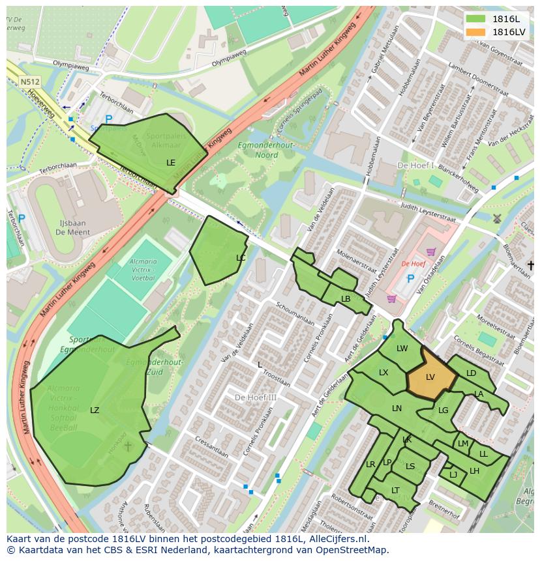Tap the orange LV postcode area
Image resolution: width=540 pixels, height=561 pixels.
pyautogui.click(x=430, y=377)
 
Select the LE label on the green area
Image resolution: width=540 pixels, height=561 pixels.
pyautogui.click(x=171, y=162)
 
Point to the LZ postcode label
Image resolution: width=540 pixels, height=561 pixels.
pyautogui.click(x=95, y=410)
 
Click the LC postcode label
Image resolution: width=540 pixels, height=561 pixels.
pyautogui.click(x=241, y=258)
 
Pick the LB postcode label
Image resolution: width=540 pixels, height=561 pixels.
pyautogui.click(x=346, y=299)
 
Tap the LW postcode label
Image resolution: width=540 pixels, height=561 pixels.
pyautogui.click(x=402, y=349)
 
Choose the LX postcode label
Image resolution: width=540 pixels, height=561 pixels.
pyautogui.click(x=383, y=372)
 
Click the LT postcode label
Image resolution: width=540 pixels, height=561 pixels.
pyautogui.click(x=395, y=490)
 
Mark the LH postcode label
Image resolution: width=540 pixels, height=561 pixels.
pyautogui.click(x=474, y=470)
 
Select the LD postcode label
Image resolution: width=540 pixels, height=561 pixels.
pyautogui.click(x=471, y=373)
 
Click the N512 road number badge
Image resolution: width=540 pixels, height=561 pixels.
pyautogui.click(x=29, y=82)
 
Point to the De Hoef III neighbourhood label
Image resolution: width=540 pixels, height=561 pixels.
pyautogui.click(x=256, y=397)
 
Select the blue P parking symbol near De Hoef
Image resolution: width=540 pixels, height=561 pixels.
pyautogui.click(x=410, y=279)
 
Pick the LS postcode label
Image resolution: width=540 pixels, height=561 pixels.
pyautogui.click(x=410, y=466)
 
